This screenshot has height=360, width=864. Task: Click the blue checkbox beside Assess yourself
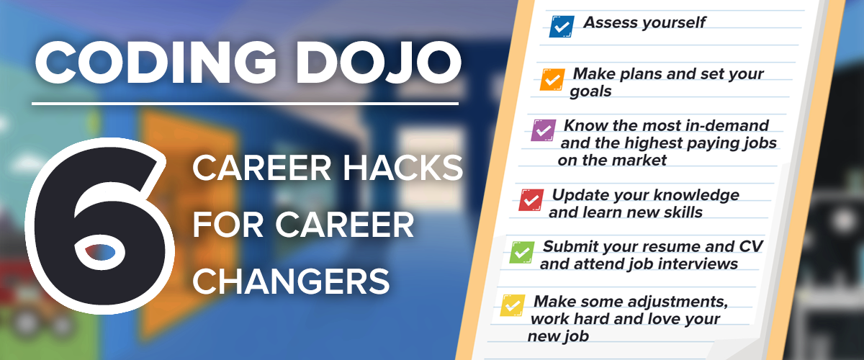pos(562,26)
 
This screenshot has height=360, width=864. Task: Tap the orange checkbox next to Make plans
pos(552,79)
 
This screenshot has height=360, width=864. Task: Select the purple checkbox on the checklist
pos(544,130)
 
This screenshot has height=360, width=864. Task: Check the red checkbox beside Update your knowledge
pos(531,200)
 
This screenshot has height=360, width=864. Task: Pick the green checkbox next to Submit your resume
pos(522,252)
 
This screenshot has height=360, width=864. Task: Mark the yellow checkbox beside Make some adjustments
pos(513,305)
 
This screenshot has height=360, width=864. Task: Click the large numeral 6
pos(99,226)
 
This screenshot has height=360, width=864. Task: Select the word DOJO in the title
pos(379,63)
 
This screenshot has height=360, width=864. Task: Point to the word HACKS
pos(402,168)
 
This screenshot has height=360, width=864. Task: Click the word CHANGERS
pos(291,282)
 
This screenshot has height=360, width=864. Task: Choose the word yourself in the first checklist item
pos(673,23)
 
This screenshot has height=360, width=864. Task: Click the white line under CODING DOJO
pos(246,104)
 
